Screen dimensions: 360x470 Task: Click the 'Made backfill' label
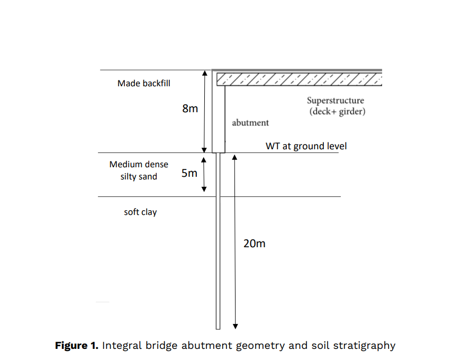pos(143,83)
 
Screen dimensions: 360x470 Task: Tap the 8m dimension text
pos(190,109)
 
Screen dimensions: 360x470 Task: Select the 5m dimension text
pos(189,173)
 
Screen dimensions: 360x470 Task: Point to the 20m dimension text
pos(254,244)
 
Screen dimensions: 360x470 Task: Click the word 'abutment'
pos(250,123)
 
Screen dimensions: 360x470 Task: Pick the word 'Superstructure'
pos(336,101)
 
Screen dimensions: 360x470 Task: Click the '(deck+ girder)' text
pos(337,112)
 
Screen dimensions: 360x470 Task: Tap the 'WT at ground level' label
pos(306,146)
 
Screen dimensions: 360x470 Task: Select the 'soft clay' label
pos(140,212)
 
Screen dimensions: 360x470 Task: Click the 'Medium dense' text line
pos(139,164)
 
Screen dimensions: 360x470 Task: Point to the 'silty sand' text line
pos(139,177)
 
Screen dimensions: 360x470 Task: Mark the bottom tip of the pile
pos(218,327)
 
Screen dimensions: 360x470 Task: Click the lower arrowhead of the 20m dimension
pos(235,325)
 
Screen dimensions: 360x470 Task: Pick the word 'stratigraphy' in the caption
pos(365,346)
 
